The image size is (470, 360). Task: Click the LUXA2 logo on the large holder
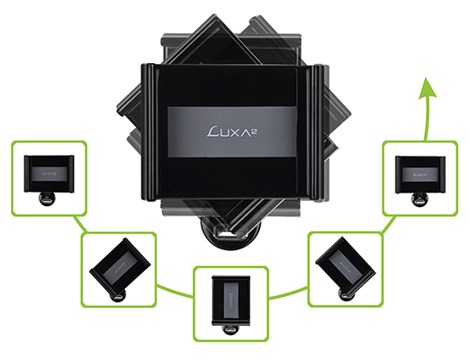pyautogui.click(x=233, y=131)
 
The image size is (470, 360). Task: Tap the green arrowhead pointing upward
pyautogui.click(x=428, y=87)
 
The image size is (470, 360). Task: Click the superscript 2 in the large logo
pyautogui.click(x=257, y=129)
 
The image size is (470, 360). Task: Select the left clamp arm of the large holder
pyautogui.click(x=149, y=131)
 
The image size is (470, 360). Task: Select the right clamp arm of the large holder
pyautogui.click(x=318, y=132)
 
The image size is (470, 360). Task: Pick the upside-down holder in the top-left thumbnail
pyautogui.click(x=50, y=174)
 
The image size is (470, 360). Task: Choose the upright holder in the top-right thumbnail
pyautogui.click(x=420, y=175)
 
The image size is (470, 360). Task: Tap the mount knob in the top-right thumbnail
pyautogui.click(x=420, y=200)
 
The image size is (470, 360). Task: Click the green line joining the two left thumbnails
pyautogui.click(x=80, y=224)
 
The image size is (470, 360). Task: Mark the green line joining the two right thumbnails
pyautogui.click(x=389, y=225)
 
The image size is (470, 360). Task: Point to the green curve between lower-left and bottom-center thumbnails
pyautogui.click(x=174, y=292)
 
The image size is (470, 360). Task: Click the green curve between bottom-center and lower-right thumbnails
pyautogui.click(x=288, y=293)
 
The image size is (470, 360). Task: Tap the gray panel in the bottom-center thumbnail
pyautogui.click(x=231, y=301)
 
